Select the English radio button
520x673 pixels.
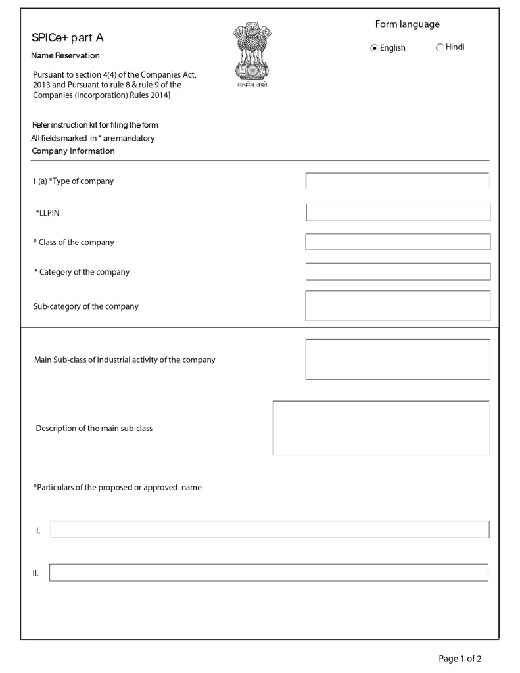pyautogui.click(x=374, y=48)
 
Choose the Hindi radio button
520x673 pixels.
pyautogui.click(x=440, y=47)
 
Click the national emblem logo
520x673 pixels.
pyautogui.click(x=252, y=51)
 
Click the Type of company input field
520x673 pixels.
pyautogui.click(x=398, y=181)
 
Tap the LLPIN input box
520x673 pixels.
pyautogui.click(x=398, y=212)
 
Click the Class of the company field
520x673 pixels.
pyautogui.click(x=398, y=242)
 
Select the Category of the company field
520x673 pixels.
pyautogui.click(x=398, y=271)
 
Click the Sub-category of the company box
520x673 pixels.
pyautogui.click(x=398, y=306)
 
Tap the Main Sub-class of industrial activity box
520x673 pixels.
pyautogui.click(x=398, y=359)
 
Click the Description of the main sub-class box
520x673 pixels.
pyautogui.click(x=381, y=428)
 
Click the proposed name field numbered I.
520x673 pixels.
pyautogui.click(x=270, y=529)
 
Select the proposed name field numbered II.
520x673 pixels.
pyautogui.click(x=269, y=572)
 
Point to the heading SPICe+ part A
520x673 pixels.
pyautogui.click(x=68, y=37)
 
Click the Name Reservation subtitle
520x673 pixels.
pyautogui.click(x=65, y=55)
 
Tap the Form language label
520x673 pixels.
pyautogui.click(x=407, y=24)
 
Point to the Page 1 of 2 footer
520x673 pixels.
pyautogui.click(x=460, y=658)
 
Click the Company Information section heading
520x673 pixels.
pyautogui.click(x=73, y=151)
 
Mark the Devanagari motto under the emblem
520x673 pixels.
pyautogui.click(x=252, y=85)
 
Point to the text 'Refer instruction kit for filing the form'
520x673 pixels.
pyautogui.click(x=95, y=125)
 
